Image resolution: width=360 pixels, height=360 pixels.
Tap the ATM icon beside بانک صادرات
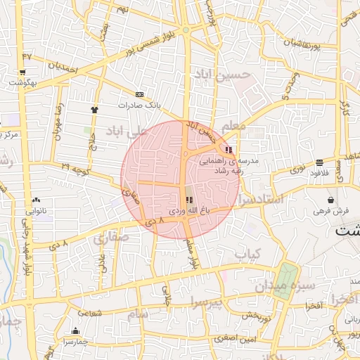point(139,94)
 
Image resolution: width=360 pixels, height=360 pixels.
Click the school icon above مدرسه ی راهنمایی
point(229,149)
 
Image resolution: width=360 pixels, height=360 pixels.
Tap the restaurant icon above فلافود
point(320,162)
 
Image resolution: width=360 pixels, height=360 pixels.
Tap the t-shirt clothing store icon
point(94,110)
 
